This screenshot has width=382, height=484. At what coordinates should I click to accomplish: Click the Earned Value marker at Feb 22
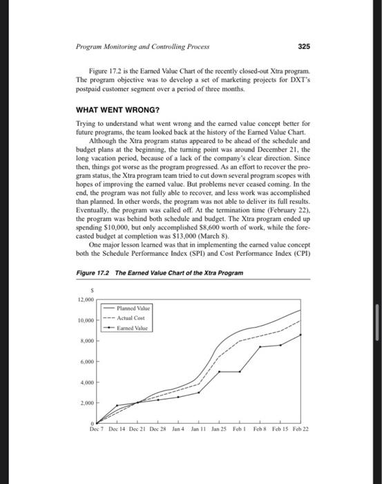tap(301, 335)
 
